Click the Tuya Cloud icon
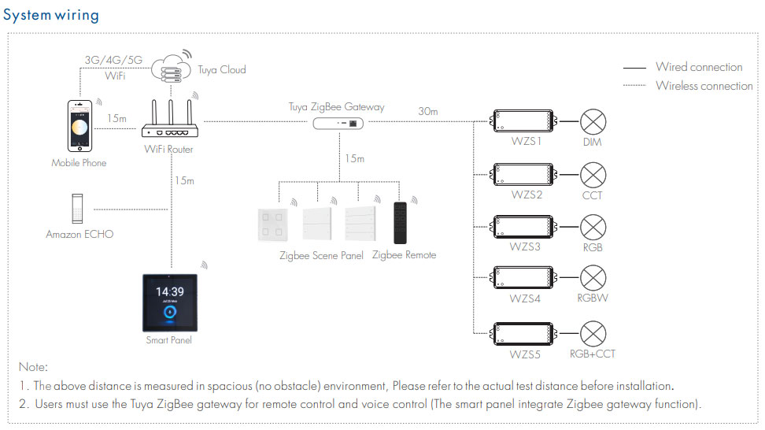172,69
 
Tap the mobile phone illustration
79,126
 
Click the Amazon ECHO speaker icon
77,209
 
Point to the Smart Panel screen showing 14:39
170,302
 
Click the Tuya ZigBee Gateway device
338,124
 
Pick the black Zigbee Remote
400,223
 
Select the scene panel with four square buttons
272,224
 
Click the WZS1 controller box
524,121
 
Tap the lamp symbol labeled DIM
593,121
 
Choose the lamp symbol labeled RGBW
593,278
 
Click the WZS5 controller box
524,334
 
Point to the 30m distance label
428,111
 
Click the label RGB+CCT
593,354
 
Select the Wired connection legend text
699,67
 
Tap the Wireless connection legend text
704,86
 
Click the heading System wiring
51,15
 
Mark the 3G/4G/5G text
113,60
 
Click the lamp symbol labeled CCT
593,175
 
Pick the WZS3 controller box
524,227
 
